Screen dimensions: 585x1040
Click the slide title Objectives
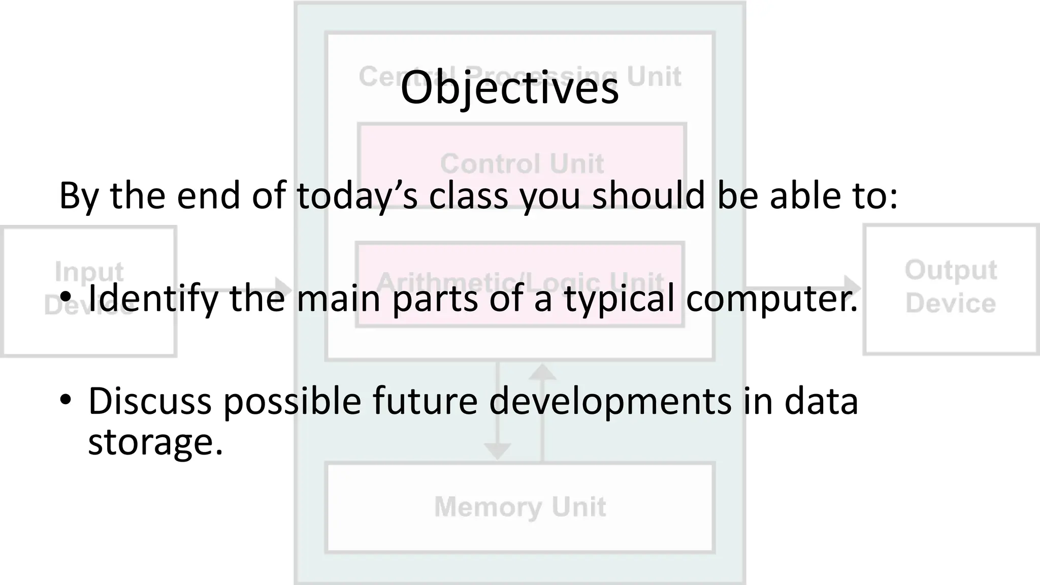coord(509,88)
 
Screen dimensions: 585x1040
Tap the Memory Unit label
coord(520,507)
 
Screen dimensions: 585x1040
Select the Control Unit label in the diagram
coord(522,164)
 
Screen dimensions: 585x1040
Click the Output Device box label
coord(951,287)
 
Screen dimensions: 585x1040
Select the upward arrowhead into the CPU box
coord(542,373)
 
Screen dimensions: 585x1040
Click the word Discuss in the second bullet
coord(150,401)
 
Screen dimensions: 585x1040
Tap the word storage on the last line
coord(155,442)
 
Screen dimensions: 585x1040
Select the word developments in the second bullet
coord(611,401)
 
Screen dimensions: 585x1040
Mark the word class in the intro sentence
coord(468,196)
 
